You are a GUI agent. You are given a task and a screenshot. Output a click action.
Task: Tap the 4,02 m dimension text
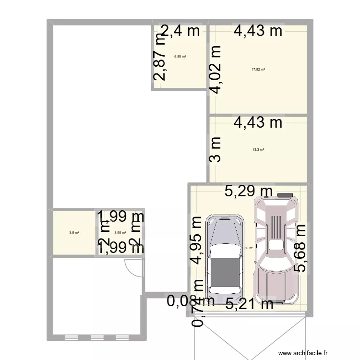click(x=216, y=70)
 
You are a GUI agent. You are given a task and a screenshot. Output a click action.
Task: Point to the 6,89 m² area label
click(x=180, y=56)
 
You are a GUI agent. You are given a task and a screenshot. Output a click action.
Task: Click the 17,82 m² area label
click(x=258, y=69)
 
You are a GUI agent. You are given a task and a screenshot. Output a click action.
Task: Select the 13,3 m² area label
click(x=258, y=149)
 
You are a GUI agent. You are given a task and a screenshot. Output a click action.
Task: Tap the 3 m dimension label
click(x=216, y=149)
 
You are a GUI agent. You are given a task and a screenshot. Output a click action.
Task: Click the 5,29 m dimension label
click(x=249, y=192)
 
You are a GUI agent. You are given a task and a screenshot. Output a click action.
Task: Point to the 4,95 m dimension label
click(x=196, y=240)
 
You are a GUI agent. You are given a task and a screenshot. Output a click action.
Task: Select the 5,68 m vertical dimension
click(x=302, y=247)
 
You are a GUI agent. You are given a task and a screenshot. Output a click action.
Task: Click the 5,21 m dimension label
click(x=249, y=303)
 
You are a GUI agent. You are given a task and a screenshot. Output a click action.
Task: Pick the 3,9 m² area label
click(x=74, y=233)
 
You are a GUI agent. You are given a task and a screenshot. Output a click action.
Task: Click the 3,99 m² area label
click(x=120, y=233)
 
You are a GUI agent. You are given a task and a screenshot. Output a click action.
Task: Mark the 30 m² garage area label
click(x=249, y=248)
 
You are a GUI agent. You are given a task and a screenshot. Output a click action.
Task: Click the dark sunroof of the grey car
click(x=225, y=272)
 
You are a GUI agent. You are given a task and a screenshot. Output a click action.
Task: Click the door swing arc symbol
click(x=132, y=267)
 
